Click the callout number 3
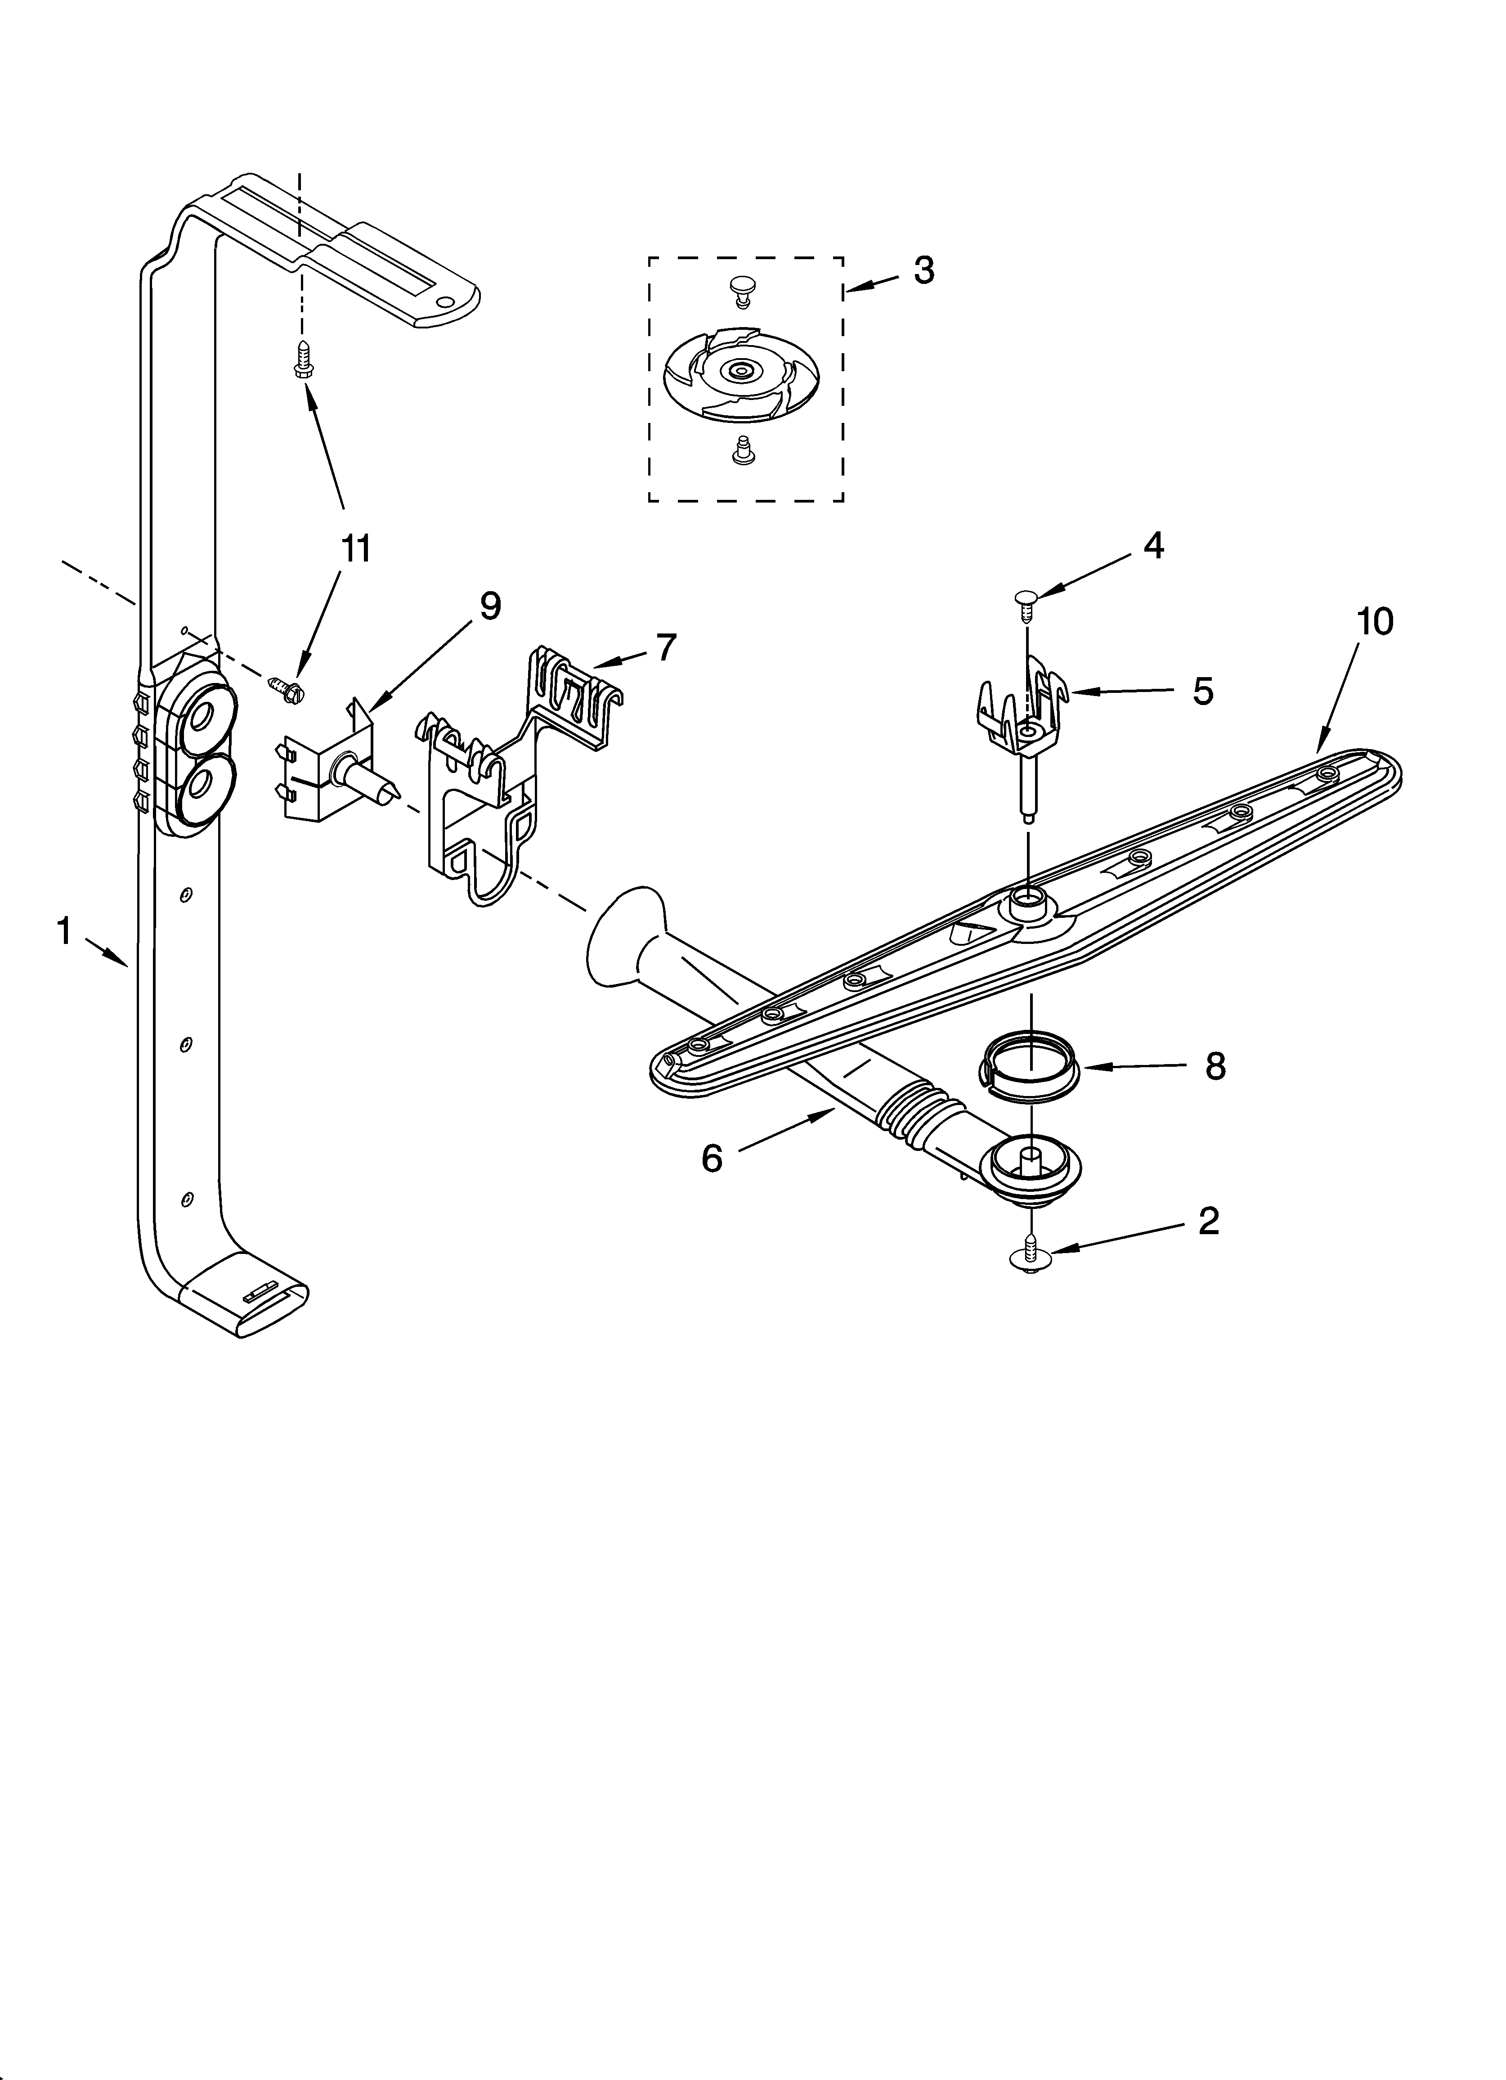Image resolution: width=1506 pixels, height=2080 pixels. [x=923, y=270]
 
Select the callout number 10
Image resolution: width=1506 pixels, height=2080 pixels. [x=1376, y=622]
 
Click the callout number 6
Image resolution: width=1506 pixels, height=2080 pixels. [x=712, y=1158]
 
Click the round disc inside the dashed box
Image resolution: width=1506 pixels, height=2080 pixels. [x=738, y=372]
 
